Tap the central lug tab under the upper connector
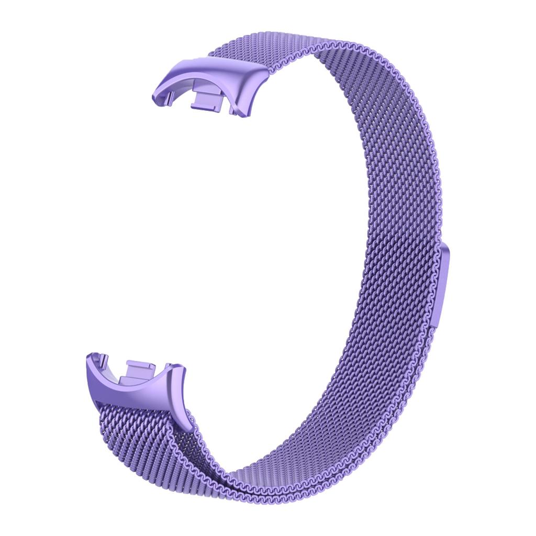pyautogui.click(x=207, y=99)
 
